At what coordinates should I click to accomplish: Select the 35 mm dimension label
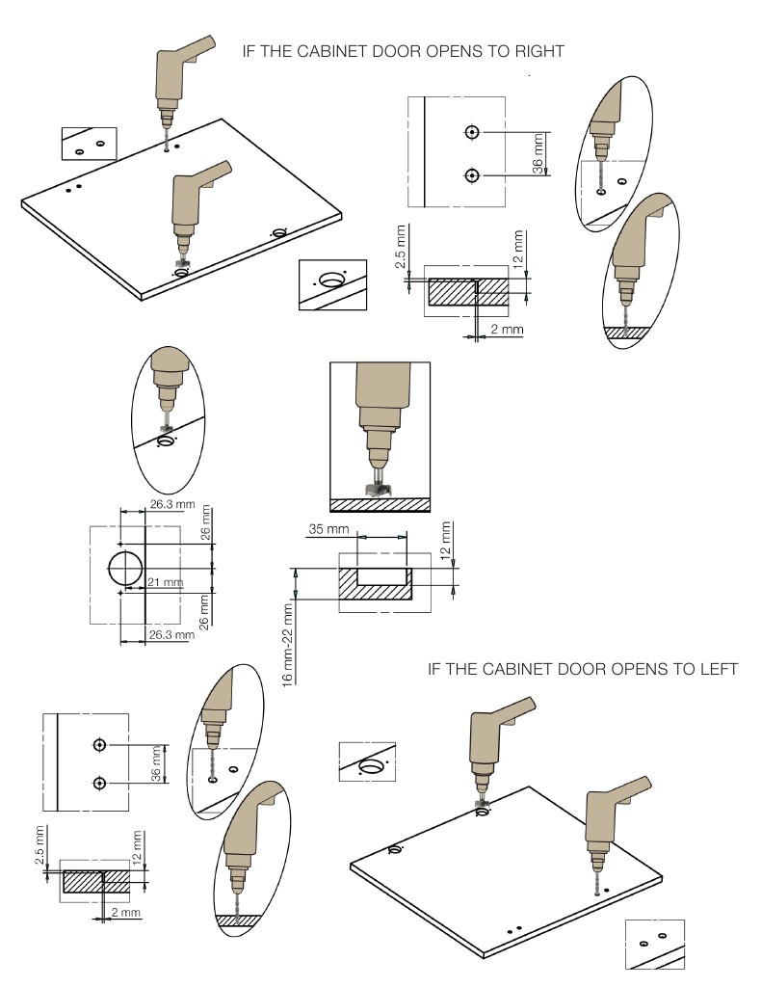point(328,530)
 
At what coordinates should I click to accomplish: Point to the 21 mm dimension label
point(166,582)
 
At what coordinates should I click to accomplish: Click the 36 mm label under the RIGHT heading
point(538,152)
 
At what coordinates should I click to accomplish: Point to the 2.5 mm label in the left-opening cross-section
point(39,845)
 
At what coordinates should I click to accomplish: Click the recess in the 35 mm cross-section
point(381,577)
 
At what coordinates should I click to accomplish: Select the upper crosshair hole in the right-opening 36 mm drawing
point(471,132)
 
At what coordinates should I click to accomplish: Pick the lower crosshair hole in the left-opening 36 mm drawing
point(99,783)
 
